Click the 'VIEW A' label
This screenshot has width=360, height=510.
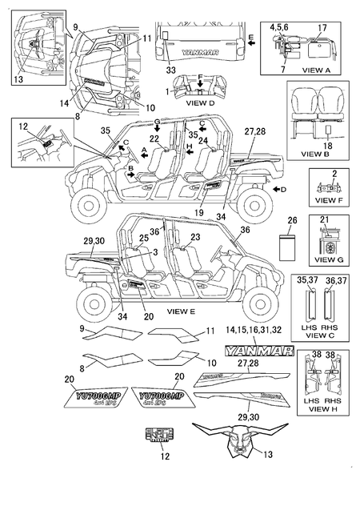point(322,70)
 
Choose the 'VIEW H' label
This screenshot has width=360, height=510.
point(319,408)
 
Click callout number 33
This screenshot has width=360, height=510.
point(170,71)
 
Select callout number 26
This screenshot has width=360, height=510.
point(291,221)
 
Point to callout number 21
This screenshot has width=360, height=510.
point(324,220)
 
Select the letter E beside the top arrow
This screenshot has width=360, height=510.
point(250,37)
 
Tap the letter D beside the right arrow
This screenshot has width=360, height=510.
point(283,189)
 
